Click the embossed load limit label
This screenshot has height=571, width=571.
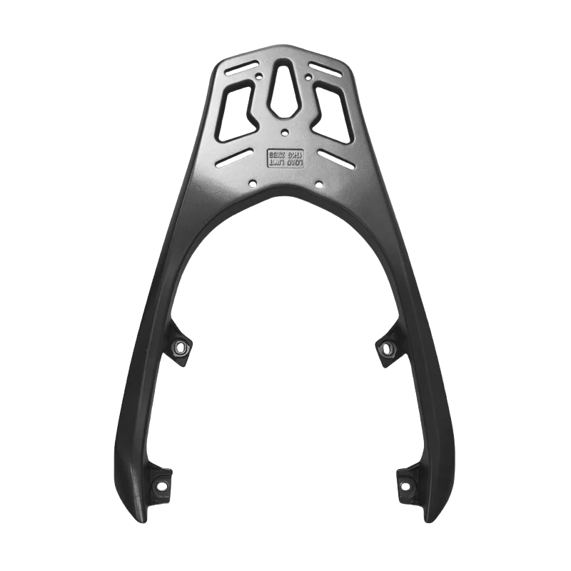coord(285,158)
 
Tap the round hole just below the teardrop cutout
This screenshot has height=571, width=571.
coord(285,131)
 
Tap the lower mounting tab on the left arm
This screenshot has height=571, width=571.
coord(158,483)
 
